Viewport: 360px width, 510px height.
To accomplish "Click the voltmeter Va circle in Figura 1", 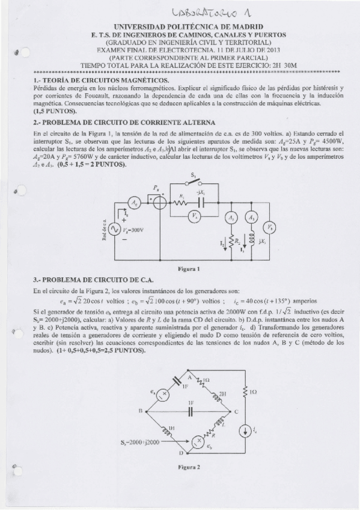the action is click(195, 214).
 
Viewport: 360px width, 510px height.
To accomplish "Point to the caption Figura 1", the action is click(189, 268).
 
